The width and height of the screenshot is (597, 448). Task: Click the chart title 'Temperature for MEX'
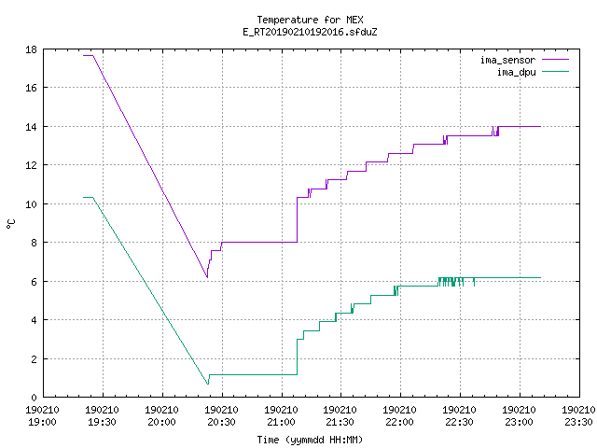310,20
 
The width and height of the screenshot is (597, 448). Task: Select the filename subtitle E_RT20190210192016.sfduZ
310,32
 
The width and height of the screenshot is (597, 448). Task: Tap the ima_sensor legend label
507,60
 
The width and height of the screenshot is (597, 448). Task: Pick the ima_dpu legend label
516,72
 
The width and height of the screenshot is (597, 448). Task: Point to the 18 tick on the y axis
31,49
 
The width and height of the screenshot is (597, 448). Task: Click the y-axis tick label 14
31,127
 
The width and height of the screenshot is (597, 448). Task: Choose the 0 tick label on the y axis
34,398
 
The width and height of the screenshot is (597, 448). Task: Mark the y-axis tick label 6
34,282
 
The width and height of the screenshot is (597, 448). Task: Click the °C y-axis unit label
10,224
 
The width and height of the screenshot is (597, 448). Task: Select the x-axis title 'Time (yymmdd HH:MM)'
310,440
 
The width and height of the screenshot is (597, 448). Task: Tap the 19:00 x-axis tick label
42,422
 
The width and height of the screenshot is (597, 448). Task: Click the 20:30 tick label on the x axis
221,422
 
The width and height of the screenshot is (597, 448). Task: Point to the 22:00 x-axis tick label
399,422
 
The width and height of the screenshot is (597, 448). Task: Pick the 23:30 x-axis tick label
578,422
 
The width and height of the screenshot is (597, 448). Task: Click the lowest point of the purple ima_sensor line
207,277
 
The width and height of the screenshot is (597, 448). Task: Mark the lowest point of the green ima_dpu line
208,384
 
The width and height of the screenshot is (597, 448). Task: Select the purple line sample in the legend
555,60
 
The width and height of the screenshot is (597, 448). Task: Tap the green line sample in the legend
555,72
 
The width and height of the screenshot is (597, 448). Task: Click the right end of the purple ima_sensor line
540,127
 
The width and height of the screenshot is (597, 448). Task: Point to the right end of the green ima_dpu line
540,278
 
